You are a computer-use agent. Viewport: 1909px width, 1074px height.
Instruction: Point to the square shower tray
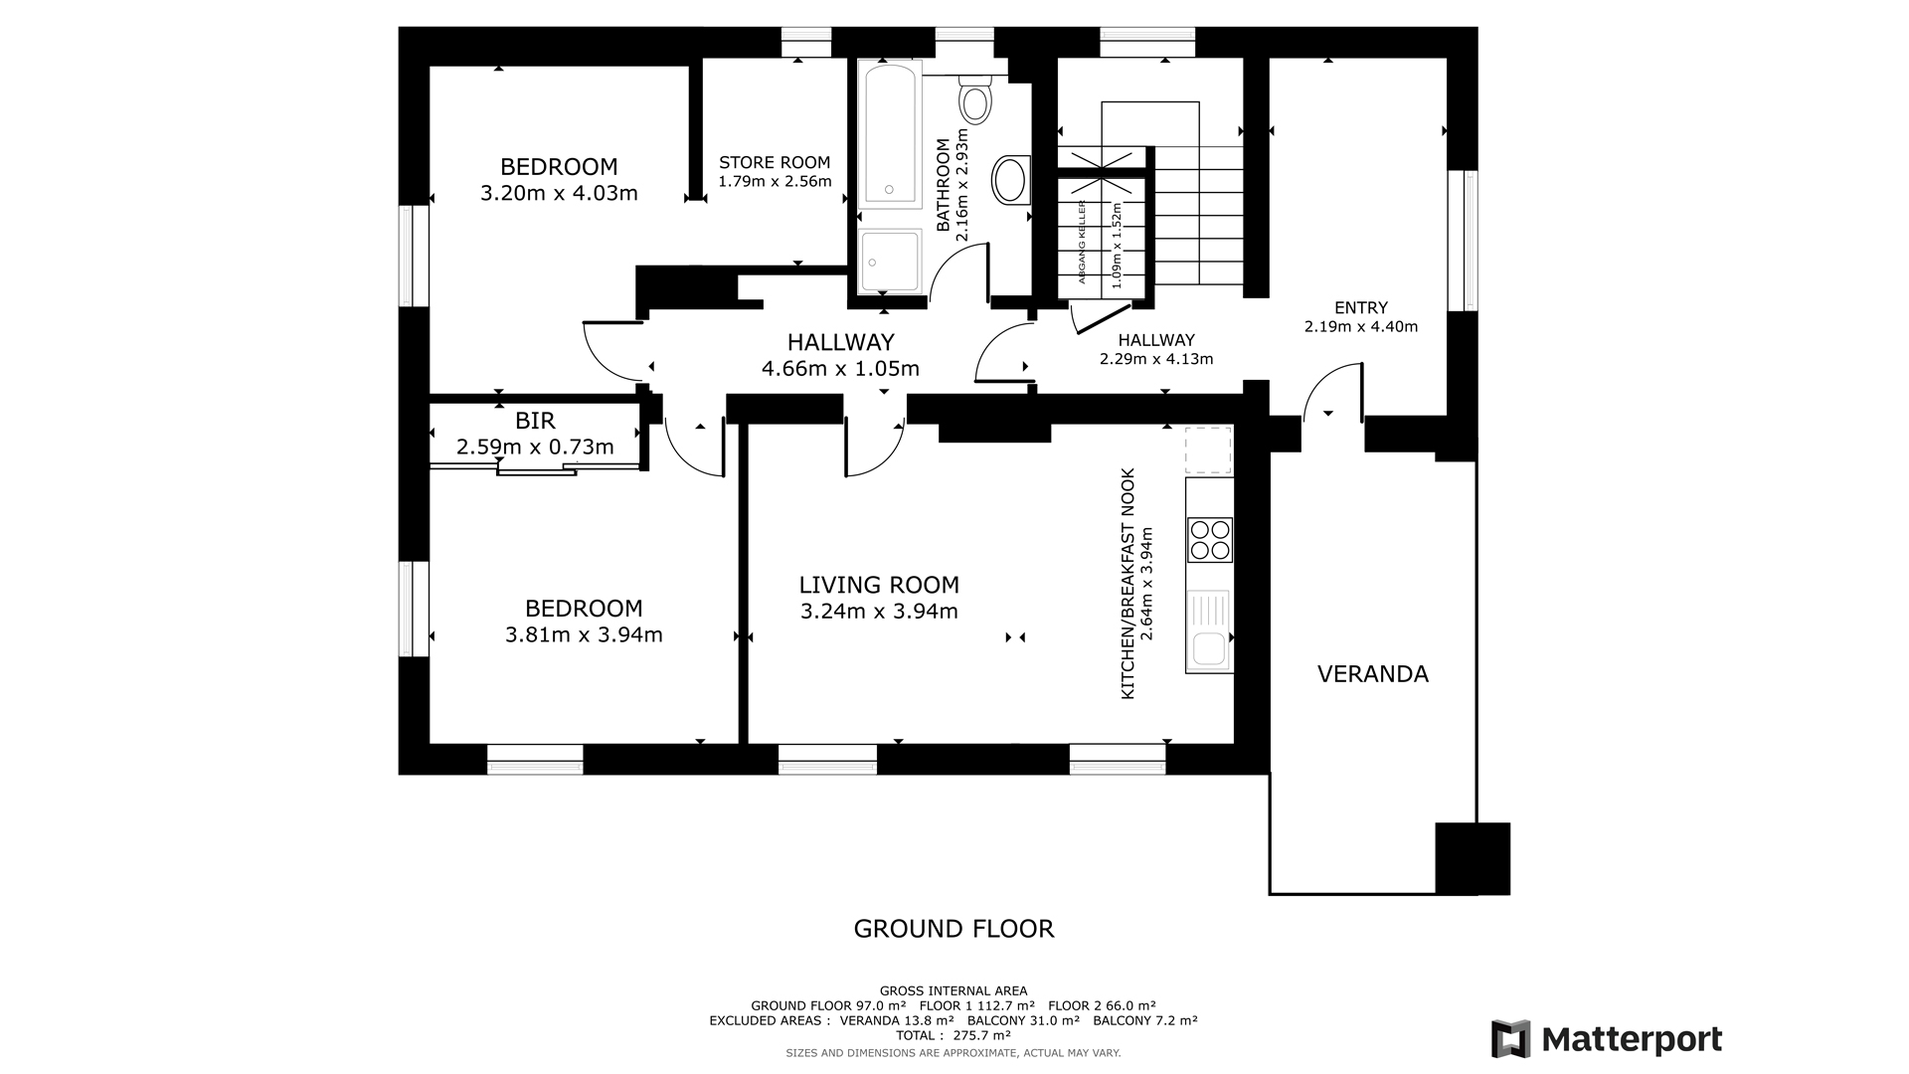891,263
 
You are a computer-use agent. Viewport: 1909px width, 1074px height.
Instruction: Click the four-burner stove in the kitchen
1210,540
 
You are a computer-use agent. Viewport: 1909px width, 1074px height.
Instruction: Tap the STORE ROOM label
775,162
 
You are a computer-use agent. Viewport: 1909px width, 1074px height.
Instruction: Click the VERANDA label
1373,674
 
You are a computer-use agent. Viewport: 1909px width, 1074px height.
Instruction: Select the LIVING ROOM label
879,585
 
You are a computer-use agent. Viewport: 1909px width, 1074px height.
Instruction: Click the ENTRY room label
1361,308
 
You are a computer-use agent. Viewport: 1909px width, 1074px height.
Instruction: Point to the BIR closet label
535,421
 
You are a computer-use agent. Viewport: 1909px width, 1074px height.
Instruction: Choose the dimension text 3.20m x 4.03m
559,193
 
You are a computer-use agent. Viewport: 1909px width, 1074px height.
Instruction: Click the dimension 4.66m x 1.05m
840,369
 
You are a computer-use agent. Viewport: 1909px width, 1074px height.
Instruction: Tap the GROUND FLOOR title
954,929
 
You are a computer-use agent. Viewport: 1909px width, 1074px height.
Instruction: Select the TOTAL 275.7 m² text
954,1036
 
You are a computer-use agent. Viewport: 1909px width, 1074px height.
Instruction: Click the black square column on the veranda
1473,858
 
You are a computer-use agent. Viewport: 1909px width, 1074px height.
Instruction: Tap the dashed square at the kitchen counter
1208,450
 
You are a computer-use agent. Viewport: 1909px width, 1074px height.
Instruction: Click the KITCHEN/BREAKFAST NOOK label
1128,584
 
